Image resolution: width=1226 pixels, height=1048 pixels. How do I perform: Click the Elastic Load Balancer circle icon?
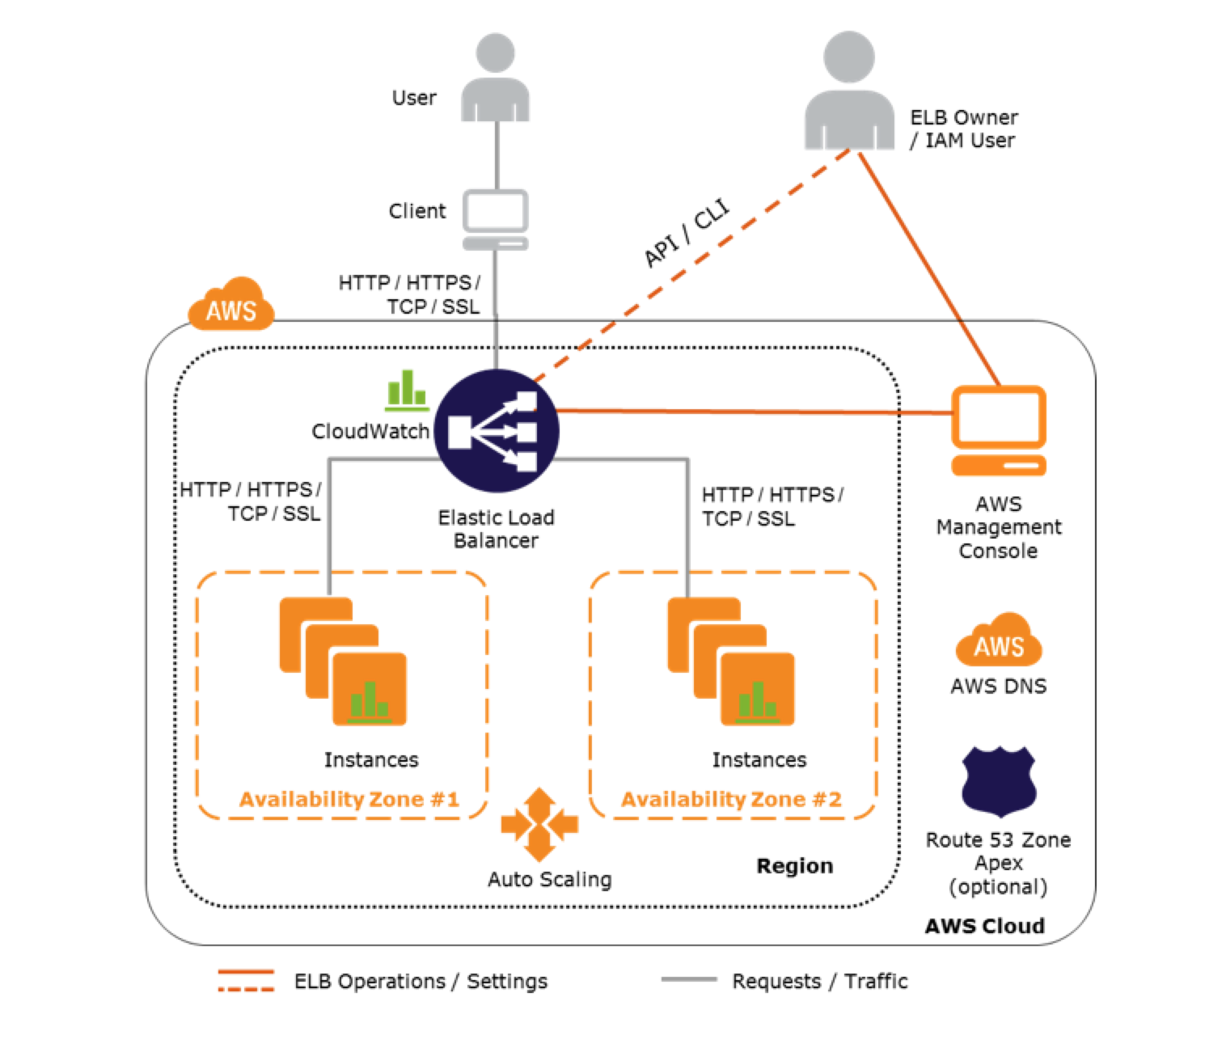(496, 430)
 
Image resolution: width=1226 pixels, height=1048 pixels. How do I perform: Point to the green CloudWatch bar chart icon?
(406, 389)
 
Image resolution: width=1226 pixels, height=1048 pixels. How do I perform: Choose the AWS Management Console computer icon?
(999, 430)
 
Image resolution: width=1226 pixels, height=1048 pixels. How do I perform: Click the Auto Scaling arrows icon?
(539, 825)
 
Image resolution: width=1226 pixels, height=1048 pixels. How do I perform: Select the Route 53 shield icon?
(999, 780)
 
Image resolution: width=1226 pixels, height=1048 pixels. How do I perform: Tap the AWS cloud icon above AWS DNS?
(999, 640)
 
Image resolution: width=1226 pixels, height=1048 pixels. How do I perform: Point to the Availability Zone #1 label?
(349, 800)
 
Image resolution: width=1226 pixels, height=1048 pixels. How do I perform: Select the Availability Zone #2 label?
(731, 800)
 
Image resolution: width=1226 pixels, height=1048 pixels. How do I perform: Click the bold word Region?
(794, 866)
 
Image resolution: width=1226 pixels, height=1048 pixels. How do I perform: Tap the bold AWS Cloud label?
(984, 926)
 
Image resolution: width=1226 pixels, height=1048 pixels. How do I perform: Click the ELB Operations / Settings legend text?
(421, 981)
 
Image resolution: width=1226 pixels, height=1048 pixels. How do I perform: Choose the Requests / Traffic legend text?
(819, 981)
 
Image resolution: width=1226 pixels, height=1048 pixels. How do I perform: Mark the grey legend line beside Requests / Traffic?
(688, 979)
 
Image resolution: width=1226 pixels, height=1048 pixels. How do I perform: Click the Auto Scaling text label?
(549, 879)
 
